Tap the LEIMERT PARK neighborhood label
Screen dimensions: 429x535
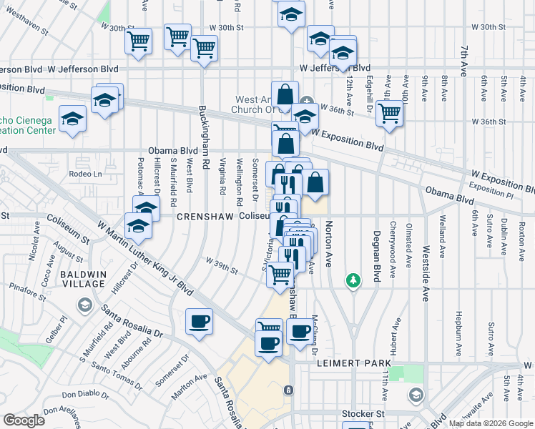(x=351, y=363)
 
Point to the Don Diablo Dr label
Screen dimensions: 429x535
(x=88, y=394)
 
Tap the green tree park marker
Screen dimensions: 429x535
(x=352, y=280)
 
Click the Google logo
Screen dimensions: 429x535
(x=24, y=420)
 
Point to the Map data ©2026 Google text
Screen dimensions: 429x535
(x=490, y=423)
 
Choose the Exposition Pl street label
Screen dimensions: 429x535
(x=491, y=191)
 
